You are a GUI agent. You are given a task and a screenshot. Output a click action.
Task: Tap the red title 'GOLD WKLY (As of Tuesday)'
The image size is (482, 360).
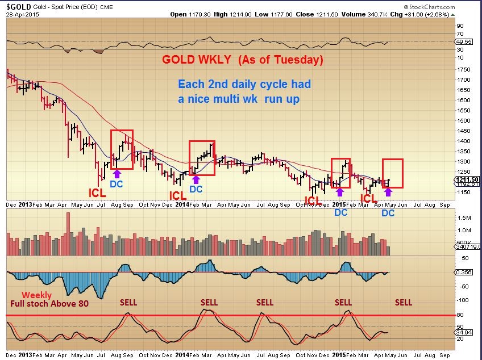pos(243,60)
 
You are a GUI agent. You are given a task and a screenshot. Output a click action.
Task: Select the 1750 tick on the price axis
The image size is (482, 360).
pos(463,69)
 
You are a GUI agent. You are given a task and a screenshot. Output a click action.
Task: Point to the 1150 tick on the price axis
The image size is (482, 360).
pos(463,192)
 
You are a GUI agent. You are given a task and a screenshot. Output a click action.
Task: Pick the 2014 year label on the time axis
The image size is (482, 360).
pos(181,203)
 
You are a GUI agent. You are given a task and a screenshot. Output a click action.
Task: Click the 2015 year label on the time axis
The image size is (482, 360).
pos(339,203)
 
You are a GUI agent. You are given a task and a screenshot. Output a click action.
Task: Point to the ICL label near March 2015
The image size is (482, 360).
pos(369,199)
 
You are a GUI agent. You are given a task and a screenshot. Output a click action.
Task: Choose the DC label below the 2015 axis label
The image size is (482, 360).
pos(340,213)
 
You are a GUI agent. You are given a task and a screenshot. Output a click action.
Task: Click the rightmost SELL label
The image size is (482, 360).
pos(404,302)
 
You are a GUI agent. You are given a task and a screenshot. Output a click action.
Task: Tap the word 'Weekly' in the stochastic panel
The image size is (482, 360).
pos(36,295)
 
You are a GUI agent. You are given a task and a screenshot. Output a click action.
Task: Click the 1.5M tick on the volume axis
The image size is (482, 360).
pos(465,218)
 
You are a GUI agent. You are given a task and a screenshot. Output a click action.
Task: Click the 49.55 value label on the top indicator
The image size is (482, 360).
pos(464,41)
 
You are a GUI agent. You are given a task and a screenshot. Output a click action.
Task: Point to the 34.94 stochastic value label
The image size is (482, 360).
pos(464,331)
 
